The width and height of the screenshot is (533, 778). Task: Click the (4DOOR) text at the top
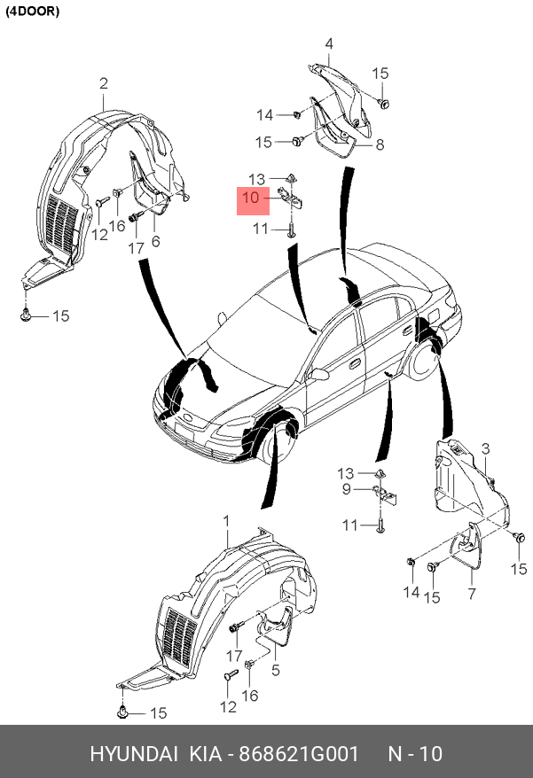(34, 12)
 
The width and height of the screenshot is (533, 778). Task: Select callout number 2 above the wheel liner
(104, 84)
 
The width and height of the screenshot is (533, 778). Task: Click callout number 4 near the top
(328, 43)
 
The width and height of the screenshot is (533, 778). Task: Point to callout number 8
(380, 144)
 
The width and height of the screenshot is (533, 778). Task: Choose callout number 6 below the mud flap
(155, 241)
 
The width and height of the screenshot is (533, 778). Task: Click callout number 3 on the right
(485, 449)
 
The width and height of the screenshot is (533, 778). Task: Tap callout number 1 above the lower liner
(225, 519)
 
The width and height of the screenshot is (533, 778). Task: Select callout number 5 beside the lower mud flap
(276, 671)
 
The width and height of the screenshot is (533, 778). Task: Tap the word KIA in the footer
(205, 754)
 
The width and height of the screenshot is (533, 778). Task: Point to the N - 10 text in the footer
(416, 754)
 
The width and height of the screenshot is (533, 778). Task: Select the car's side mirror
(317, 374)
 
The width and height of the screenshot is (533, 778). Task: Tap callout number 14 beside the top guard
(265, 114)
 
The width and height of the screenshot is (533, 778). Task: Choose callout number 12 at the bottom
(229, 706)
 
